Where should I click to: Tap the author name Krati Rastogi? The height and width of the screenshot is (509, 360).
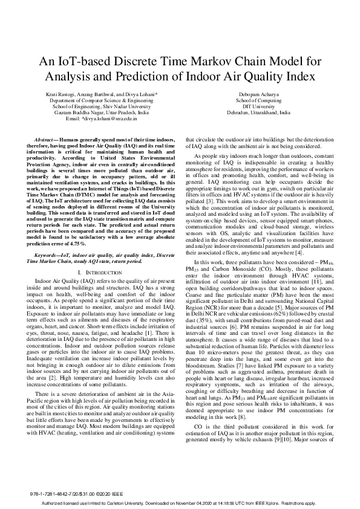tap(61, 95)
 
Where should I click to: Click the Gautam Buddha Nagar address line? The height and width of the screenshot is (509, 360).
tap(102, 113)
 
